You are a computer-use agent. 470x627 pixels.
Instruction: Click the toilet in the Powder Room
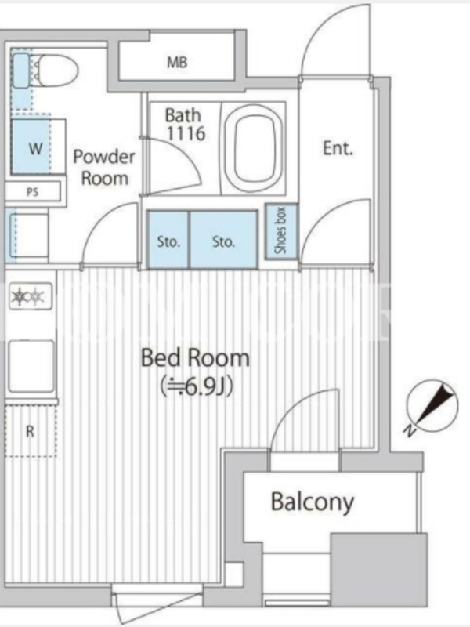click(x=46, y=71)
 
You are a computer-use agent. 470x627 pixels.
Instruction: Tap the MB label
click(x=177, y=63)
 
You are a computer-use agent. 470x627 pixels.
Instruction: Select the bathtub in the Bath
click(x=253, y=147)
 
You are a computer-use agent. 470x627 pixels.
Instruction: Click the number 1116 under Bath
click(x=186, y=133)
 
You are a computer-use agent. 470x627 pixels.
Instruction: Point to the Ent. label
click(x=338, y=148)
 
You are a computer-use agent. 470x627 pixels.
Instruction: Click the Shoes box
click(x=281, y=230)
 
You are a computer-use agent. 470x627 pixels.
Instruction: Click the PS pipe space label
click(x=32, y=192)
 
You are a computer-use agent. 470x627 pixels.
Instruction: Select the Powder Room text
click(x=104, y=167)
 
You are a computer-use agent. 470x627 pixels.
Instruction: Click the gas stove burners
click(x=29, y=296)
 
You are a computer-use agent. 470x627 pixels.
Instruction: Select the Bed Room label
click(x=195, y=358)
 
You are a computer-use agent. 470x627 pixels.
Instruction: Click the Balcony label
click(x=313, y=502)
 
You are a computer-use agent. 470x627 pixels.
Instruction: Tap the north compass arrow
click(x=436, y=403)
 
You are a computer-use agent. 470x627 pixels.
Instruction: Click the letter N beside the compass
click(x=408, y=430)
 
